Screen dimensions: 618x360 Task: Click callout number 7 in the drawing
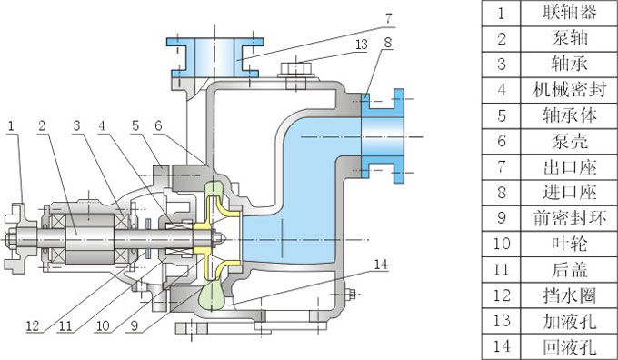pos(389,18)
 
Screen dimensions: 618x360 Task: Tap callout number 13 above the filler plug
pos(361,45)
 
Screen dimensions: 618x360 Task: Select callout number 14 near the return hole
pos(381,265)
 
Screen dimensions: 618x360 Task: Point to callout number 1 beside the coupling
pos(11,126)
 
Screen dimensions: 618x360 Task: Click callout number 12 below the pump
pos(33,325)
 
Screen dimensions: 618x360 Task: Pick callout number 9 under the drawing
pos(135,325)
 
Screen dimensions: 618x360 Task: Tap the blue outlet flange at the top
pos(215,57)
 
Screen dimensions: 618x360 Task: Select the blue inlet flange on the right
pos(384,136)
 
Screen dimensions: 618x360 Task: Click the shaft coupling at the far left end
pos(15,238)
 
